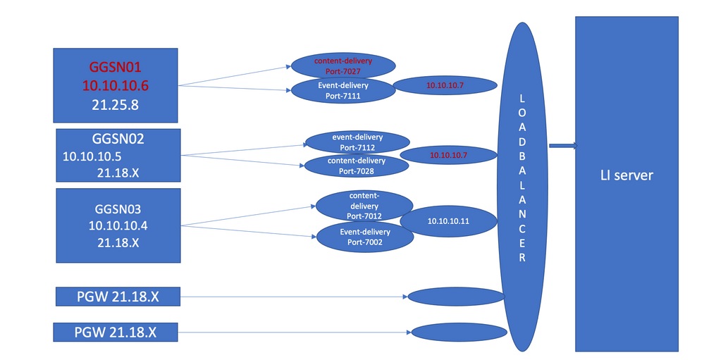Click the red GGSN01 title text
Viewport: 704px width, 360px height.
(x=116, y=68)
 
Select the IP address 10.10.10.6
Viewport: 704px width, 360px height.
(x=116, y=85)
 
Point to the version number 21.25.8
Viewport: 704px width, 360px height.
(x=116, y=103)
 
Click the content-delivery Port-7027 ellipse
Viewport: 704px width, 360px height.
(x=343, y=66)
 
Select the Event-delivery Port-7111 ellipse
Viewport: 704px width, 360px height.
(x=344, y=91)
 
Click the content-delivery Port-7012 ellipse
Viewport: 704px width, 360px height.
(x=364, y=205)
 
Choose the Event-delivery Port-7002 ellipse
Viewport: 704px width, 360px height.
(x=365, y=237)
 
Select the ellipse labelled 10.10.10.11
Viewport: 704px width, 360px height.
(x=448, y=221)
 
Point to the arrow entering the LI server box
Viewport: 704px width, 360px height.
(x=564, y=147)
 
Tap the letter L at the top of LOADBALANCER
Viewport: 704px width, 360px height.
(x=522, y=100)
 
